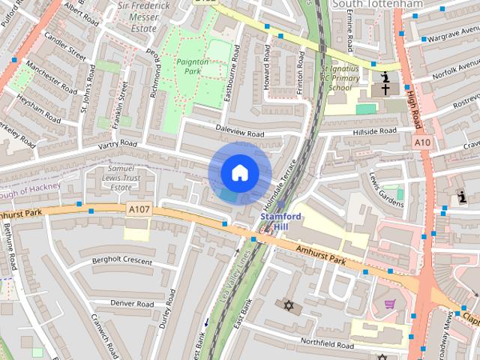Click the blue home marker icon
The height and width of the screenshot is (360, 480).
pos(239,172)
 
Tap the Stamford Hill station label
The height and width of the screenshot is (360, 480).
pos(281,221)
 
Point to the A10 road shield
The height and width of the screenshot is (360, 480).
pos(422,142)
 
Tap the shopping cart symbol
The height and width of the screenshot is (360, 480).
pos(390,304)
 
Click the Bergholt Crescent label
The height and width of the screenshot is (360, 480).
pos(121,260)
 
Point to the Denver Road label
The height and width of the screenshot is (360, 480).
pos(132,303)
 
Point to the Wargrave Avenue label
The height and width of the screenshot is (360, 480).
pos(453,34)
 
